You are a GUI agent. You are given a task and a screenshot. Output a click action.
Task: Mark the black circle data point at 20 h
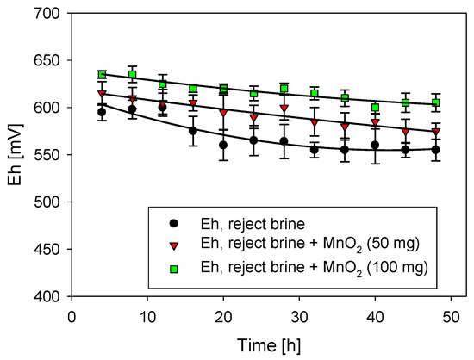(223, 146)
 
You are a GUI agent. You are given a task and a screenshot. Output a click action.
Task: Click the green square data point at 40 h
(375, 108)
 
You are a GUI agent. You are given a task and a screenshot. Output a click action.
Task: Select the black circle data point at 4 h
(103, 112)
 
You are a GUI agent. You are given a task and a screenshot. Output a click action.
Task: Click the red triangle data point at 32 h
(315, 122)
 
